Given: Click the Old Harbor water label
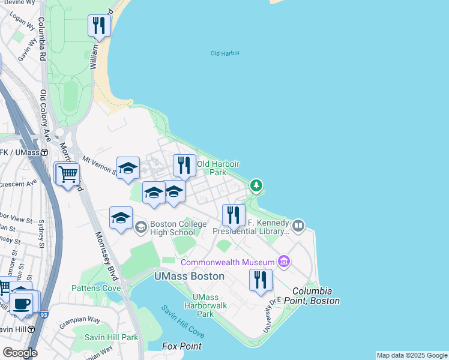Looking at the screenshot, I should (x=225, y=53).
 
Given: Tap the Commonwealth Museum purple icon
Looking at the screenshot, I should (x=284, y=261).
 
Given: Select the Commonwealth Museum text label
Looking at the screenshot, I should (x=227, y=262).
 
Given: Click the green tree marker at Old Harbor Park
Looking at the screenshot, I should (x=256, y=186).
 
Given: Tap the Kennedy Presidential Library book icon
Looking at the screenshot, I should (x=298, y=226).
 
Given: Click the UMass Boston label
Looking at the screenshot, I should (x=189, y=277).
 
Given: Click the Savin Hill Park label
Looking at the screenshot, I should (x=111, y=337).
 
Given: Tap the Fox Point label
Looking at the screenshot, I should (x=182, y=346).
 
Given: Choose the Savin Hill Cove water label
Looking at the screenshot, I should (x=182, y=321).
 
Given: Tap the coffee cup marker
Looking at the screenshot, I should (x=22, y=303).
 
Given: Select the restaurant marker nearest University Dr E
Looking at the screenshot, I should (x=261, y=280).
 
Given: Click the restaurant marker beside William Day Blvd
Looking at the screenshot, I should (x=98, y=25).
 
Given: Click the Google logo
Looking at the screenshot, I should (x=20, y=353).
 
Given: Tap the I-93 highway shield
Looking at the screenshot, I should (x=44, y=314).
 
